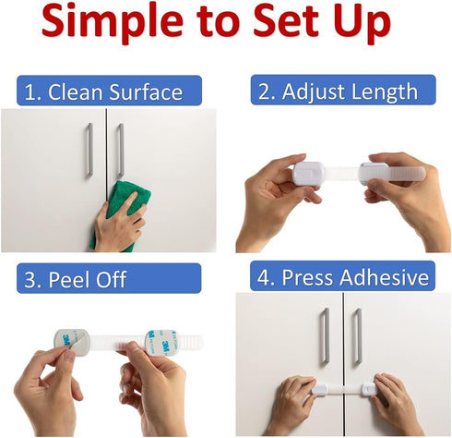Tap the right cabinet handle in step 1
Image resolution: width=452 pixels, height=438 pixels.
click(x=119, y=152)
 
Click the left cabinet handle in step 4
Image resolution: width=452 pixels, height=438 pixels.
click(x=325, y=338)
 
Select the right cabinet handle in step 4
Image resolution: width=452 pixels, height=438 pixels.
click(x=356, y=338)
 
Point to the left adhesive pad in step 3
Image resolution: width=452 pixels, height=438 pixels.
click(x=70, y=345)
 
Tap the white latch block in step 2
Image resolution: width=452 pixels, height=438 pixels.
click(x=305, y=173)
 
